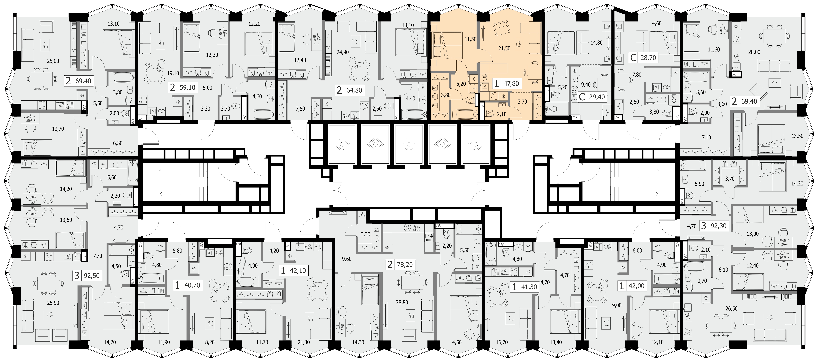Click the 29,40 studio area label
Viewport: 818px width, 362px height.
click(597, 97)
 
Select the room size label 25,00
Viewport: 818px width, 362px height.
click(53, 61)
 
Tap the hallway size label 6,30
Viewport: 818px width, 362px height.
click(117, 143)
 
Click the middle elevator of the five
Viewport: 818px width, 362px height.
click(409, 144)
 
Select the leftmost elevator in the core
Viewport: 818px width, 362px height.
click(342, 144)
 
